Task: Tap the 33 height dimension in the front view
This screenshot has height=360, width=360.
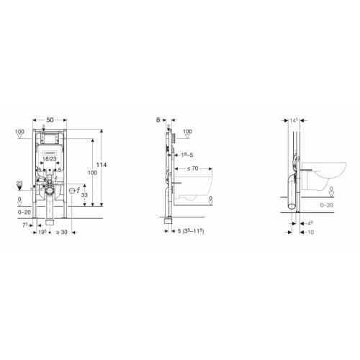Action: click(x=85, y=196)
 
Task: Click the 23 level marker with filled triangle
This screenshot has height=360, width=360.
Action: click(x=19, y=184)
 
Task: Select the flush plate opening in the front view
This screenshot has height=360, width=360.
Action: click(x=49, y=139)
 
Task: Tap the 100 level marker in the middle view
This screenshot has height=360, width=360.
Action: click(x=187, y=132)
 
